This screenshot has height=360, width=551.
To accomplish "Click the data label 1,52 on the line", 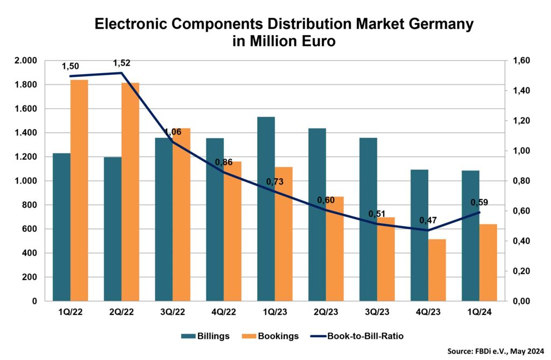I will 122,63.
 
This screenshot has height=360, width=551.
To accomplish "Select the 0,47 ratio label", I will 428,220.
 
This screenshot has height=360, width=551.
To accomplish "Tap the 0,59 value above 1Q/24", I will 479,203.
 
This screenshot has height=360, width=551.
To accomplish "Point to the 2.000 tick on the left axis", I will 26,61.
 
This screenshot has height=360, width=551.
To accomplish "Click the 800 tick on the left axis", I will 30,205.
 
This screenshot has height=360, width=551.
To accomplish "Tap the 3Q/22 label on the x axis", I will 172,312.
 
